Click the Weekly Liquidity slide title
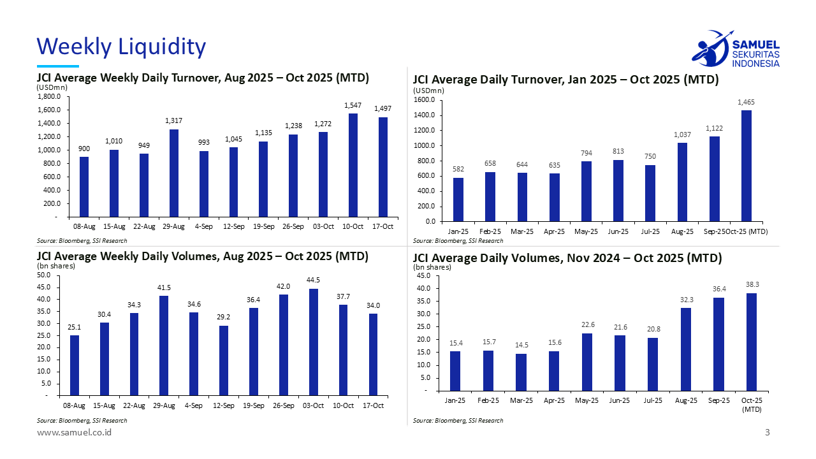coord(121,47)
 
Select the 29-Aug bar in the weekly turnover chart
coord(173,173)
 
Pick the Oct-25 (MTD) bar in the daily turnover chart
coord(746,166)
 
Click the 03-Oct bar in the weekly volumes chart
coord(314,342)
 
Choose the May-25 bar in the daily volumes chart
coord(587,361)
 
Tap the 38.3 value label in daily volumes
coord(752,284)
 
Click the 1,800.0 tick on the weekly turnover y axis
coord(50,97)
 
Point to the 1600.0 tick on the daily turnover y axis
coord(424,100)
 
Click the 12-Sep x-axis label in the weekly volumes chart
coord(224,405)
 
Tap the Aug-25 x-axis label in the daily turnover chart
coord(682,231)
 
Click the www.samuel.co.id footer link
coord(74,433)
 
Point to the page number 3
coord(768,433)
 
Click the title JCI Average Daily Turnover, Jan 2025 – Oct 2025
coord(565,80)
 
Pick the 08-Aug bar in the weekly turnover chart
coord(84,187)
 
